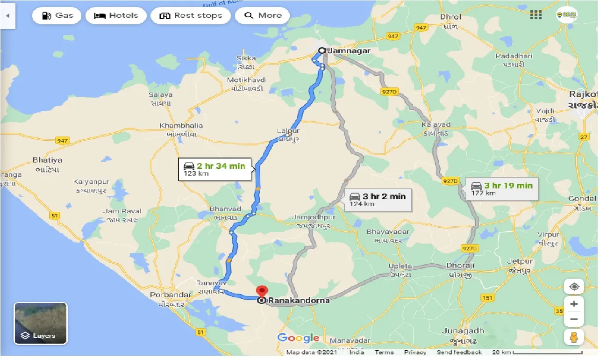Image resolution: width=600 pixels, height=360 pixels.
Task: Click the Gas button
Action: (57, 15)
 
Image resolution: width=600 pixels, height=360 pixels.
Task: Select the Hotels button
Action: (116, 15)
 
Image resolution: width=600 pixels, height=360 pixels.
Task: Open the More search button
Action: (263, 15)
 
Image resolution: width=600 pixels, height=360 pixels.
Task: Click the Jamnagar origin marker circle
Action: (322, 50)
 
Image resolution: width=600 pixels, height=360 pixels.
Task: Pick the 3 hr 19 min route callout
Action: (500, 188)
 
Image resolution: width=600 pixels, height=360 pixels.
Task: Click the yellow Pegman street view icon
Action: (574, 337)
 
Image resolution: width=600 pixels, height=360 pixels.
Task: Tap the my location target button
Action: (574, 287)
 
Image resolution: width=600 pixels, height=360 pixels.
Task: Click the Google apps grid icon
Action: (536, 15)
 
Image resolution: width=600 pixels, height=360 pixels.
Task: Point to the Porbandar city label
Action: (171, 295)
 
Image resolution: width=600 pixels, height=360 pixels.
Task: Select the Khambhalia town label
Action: (181, 126)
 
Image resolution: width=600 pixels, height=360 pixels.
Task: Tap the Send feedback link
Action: (459, 352)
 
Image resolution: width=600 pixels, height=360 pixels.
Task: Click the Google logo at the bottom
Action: (299, 338)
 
